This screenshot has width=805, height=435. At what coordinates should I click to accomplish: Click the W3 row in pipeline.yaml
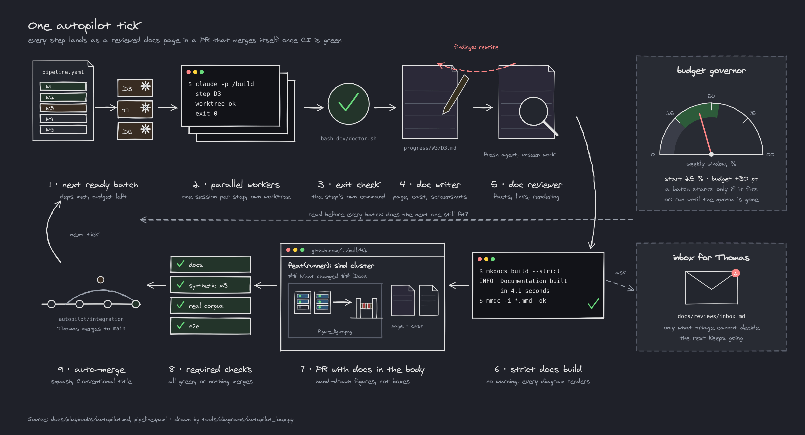[x=63, y=108]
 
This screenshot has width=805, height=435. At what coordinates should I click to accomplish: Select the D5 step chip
[x=135, y=131]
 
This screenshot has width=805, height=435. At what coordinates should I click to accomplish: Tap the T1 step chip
[x=135, y=109]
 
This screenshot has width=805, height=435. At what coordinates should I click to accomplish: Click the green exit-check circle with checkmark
[x=348, y=104]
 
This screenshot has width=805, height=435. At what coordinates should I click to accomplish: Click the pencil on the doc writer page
[x=456, y=94]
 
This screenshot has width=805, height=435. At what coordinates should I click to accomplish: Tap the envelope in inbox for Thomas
[x=711, y=287]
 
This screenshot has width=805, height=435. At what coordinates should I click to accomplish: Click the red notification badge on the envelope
[x=736, y=273]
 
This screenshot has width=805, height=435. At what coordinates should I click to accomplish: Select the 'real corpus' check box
[x=210, y=305]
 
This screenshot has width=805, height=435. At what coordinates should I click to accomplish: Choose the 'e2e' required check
[x=210, y=326]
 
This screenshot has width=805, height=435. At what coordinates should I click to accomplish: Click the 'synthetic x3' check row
[x=210, y=285]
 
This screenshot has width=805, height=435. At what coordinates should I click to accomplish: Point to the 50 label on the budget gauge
[x=711, y=96]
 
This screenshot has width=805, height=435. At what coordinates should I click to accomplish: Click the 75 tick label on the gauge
[x=753, y=113]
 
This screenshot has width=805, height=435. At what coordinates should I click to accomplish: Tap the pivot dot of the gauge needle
[x=711, y=154]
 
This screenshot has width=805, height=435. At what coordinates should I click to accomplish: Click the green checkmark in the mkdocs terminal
[x=593, y=304]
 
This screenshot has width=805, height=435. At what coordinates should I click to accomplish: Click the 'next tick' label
[x=85, y=234]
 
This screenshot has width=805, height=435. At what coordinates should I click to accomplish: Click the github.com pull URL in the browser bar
[x=339, y=250]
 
